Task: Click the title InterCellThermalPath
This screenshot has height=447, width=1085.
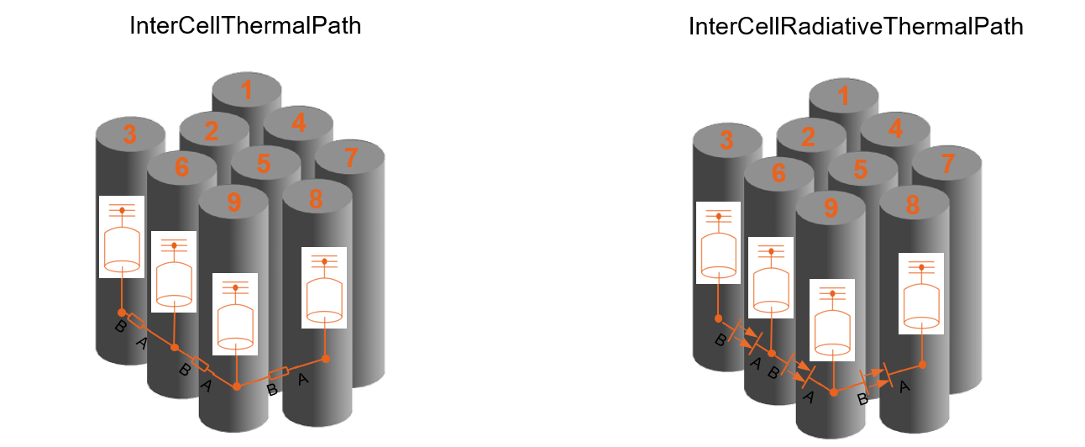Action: (245, 26)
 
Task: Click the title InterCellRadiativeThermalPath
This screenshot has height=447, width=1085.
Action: (855, 26)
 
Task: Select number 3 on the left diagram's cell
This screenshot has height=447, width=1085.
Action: (129, 134)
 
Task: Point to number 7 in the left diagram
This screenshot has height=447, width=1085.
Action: (351, 157)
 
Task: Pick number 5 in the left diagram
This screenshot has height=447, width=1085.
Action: (265, 164)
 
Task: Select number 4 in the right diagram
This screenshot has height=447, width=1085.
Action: (895, 129)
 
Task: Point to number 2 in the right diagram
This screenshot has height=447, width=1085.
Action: (809, 136)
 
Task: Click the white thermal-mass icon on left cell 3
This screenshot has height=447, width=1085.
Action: (122, 238)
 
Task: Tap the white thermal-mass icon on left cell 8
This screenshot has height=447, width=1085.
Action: (323, 288)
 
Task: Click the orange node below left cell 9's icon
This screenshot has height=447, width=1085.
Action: (237, 387)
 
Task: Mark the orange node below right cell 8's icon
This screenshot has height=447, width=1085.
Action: (922, 365)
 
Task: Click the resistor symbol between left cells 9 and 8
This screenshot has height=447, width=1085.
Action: (278, 373)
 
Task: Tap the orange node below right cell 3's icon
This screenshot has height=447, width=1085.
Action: (719, 318)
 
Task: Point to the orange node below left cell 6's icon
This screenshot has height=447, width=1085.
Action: (174, 347)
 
